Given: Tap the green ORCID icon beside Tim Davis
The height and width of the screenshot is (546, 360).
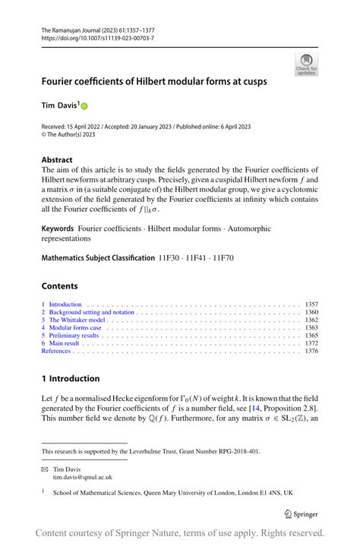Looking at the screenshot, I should click(x=85, y=107).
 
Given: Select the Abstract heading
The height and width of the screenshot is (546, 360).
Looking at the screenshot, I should click(x=57, y=160).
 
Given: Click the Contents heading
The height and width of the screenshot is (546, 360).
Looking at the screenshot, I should click(x=59, y=286).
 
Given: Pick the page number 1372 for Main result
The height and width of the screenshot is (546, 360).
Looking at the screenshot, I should click(x=311, y=343).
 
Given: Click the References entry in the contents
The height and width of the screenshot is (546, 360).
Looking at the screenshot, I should click(x=55, y=351).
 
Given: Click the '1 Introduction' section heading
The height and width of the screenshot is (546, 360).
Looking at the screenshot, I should click(x=71, y=378).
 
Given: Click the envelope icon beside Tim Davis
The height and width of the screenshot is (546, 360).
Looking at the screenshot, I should click(x=45, y=469).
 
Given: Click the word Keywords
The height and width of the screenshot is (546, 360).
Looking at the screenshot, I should click(x=58, y=228).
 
